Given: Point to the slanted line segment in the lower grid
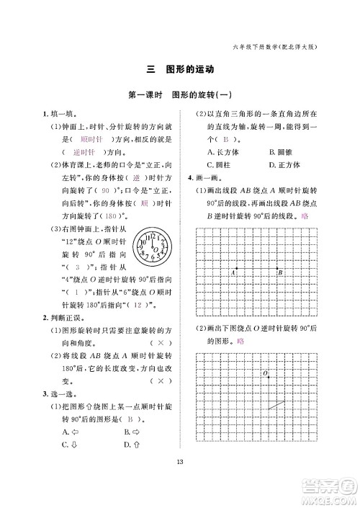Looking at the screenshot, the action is point(276,406).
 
